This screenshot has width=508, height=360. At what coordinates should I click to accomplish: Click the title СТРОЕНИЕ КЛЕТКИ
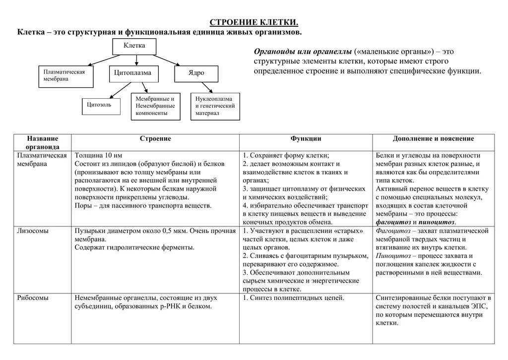click(254, 23)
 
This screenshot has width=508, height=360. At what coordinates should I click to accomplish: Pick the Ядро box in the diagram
click(195, 73)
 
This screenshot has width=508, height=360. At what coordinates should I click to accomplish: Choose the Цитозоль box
click(101, 106)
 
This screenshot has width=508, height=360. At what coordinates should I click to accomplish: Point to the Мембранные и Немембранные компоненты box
click(156, 106)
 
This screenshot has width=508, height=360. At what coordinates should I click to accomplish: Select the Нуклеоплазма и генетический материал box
click(215, 106)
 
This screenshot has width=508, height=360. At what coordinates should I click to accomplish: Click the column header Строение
click(155, 139)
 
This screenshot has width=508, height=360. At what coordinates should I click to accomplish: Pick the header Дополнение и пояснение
click(433, 139)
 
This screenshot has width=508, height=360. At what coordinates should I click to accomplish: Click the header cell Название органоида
click(43, 143)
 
